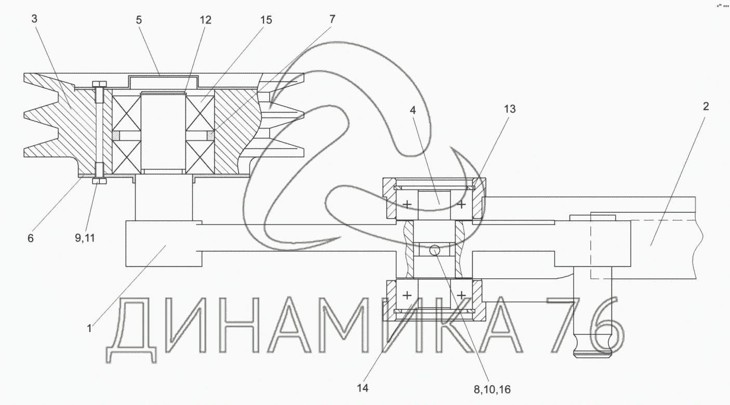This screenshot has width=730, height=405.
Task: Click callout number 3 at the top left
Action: pyautogui.click(x=34, y=19)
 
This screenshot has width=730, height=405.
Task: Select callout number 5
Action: pyautogui.click(x=139, y=20)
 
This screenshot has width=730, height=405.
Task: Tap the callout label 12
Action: pyautogui.click(x=205, y=20)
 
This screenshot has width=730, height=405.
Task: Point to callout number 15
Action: pyautogui.click(x=266, y=20)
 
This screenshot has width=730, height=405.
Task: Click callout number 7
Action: pyautogui.click(x=332, y=19)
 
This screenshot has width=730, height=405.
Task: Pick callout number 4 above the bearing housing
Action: pyautogui.click(x=413, y=111)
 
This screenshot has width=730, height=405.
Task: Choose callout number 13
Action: pyautogui.click(x=510, y=109)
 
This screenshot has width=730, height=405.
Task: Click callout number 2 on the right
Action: pyautogui.click(x=706, y=106)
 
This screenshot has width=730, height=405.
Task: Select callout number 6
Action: pyautogui.click(x=30, y=238)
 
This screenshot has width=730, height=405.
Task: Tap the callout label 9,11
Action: pyautogui.click(x=85, y=238)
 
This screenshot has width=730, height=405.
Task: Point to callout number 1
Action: pyautogui.click(x=89, y=329)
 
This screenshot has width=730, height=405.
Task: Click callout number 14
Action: pyautogui.click(x=363, y=388)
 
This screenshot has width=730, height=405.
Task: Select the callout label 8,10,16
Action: pyautogui.click(x=492, y=390)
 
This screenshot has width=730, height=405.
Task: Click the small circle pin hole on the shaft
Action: pyautogui.click(x=435, y=250)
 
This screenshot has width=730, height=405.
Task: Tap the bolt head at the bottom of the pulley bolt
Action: pyautogui.click(x=99, y=181)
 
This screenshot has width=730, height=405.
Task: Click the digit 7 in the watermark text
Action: pyautogui.click(x=563, y=325)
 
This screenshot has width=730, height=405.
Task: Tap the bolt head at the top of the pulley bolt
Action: pyautogui.click(x=99, y=84)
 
